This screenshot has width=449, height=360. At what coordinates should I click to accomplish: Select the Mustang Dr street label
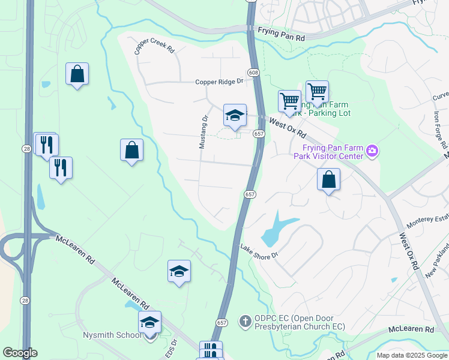(203, 133)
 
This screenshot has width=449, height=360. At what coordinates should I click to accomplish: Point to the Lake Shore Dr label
(261, 251)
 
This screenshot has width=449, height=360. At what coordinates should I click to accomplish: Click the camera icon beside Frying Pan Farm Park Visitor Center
(372, 149)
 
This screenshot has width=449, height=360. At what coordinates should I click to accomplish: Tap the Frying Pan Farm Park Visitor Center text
(328, 152)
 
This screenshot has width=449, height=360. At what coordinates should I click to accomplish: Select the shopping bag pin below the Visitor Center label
(328, 179)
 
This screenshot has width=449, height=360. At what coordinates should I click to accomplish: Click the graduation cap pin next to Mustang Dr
(235, 115)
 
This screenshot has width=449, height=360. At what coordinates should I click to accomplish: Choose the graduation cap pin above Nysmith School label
(149, 322)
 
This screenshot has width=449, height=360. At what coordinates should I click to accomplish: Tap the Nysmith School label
(112, 336)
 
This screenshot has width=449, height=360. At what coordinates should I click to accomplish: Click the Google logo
(20, 353)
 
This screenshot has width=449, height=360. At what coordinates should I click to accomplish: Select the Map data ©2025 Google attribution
(412, 355)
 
